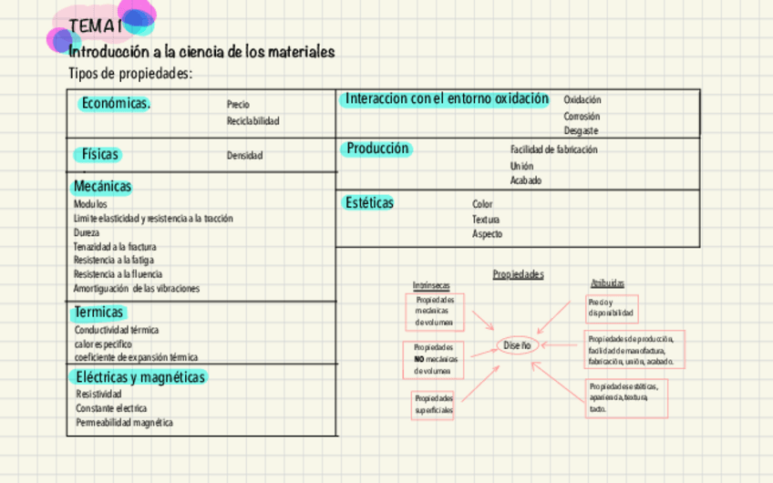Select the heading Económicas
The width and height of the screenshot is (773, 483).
tap(116, 103)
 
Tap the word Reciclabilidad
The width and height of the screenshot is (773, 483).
tap(253, 121)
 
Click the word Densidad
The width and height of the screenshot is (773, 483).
tap(244, 156)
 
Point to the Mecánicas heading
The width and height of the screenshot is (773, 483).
tap(102, 186)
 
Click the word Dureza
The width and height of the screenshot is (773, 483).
tap(87, 232)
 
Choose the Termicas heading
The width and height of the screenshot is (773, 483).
tap(98, 313)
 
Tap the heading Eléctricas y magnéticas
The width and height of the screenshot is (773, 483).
tap(140, 376)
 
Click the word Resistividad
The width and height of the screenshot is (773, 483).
tap(98, 395)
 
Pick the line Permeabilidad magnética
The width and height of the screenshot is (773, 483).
tap(124, 423)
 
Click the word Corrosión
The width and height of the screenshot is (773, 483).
tap(581, 116)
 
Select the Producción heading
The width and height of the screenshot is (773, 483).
tap(377, 149)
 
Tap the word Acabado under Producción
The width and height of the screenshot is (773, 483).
tap(525, 180)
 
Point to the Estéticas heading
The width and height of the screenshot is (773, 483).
tap(369, 202)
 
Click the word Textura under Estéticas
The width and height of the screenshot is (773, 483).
tap(485, 220)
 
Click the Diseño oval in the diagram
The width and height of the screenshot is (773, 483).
tap(517, 345)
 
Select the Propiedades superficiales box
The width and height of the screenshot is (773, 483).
tap(433, 405)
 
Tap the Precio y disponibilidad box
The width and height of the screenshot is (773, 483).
tap(611, 308)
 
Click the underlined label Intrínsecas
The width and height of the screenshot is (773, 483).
tap(430, 285)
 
